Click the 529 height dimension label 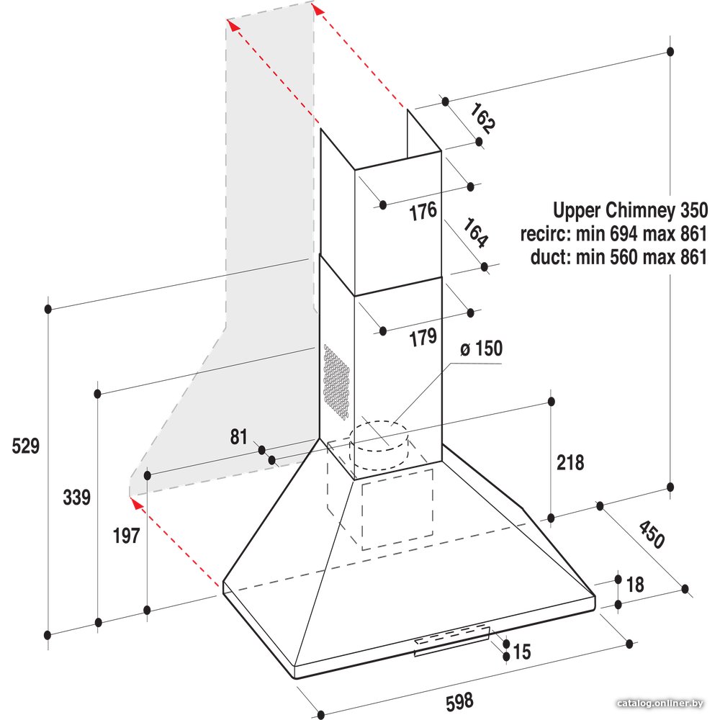[x=26, y=446]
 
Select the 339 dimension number [x=77, y=498]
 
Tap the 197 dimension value [x=126, y=536]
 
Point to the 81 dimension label [x=239, y=437]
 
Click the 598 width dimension [x=459, y=701]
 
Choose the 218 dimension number [x=570, y=462]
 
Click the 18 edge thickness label [x=635, y=585]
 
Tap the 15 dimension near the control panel [x=521, y=651]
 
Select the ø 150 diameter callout [x=481, y=348]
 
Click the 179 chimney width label [x=423, y=338]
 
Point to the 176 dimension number [x=423, y=212]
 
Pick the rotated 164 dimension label [x=474, y=233]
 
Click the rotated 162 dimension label [x=482, y=119]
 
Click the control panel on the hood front [x=452, y=640]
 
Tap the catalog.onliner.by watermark [x=660, y=703]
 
